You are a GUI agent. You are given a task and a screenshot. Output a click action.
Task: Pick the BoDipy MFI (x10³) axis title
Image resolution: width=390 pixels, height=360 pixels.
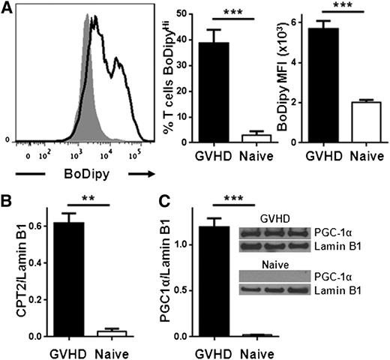click(285, 75)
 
